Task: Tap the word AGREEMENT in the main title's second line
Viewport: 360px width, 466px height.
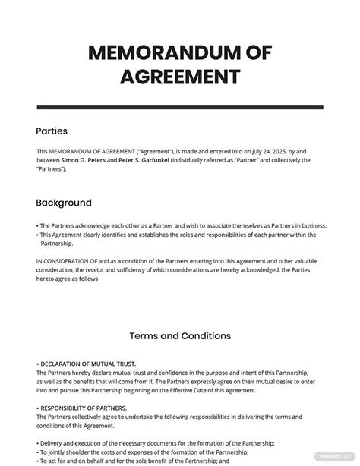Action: [x=179, y=77]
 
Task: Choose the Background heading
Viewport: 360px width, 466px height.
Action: [x=64, y=203]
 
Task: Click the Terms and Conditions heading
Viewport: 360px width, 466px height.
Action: [x=180, y=335]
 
